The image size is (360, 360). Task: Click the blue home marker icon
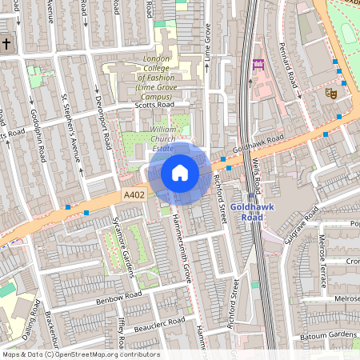tap(180, 173)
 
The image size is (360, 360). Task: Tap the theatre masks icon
tap(330, 94)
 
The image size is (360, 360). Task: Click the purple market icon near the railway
tap(258, 64)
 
